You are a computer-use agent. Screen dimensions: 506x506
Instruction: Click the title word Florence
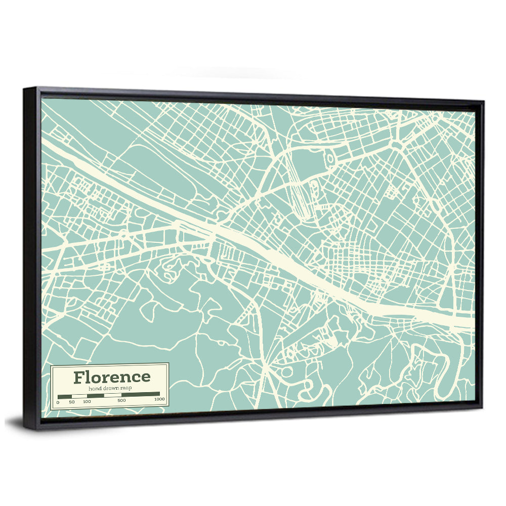click(x=112, y=377)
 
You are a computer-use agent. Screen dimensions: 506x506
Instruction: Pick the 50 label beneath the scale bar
click(x=72, y=401)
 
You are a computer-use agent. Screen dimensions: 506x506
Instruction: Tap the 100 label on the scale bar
click(x=87, y=401)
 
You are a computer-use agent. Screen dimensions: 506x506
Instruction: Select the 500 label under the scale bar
click(x=121, y=401)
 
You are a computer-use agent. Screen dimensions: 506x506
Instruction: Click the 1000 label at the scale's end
click(x=159, y=399)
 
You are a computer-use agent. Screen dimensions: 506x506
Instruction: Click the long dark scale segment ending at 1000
click(x=141, y=394)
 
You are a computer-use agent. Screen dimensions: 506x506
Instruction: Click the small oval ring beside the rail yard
click(x=330, y=159)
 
